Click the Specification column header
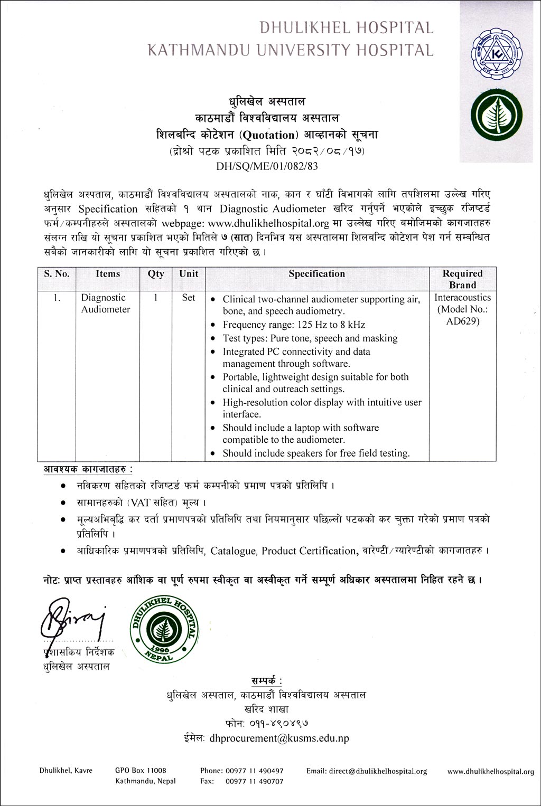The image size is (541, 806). pos(316,274)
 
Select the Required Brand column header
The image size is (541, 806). pos(462,279)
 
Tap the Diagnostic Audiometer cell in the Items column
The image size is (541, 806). pos(105,304)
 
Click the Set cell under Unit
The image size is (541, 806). pos(189,298)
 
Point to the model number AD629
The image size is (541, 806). pos(462,321)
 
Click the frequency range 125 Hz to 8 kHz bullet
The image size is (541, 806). pos(294,325)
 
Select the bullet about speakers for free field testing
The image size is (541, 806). pos(316,453)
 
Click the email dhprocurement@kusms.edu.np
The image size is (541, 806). pos(279,738)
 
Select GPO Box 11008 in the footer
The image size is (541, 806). pos(141,771)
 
